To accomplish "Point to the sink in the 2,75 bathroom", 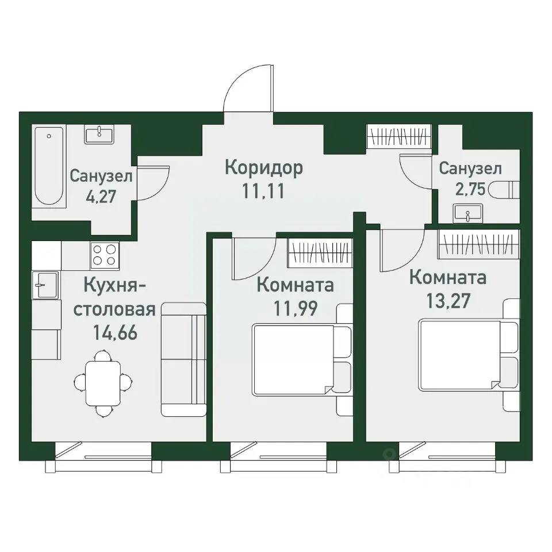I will click(x=468, y=215).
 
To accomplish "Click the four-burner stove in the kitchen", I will click(x=105, y=255).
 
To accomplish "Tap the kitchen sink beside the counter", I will click(x=45, y=285).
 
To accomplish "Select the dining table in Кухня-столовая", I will click(x=103, y=382).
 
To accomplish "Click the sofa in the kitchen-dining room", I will click(x=183, y=359).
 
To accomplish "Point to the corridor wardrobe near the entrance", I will click(x=398, y=138).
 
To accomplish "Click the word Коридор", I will click(x=263, y=168).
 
